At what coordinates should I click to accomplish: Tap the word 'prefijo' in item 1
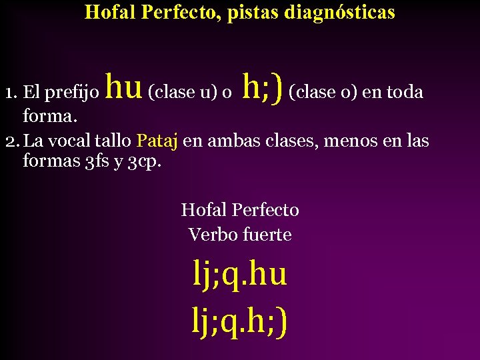(72, 92)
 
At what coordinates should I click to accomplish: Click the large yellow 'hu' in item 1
(125, 87)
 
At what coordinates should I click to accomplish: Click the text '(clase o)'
(323, 92)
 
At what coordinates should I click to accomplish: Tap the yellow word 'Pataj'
(157, 141)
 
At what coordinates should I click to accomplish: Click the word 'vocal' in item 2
(70, 141)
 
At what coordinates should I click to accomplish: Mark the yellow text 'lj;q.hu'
(240, 275)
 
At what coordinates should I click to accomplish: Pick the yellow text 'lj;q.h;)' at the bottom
(240, 323)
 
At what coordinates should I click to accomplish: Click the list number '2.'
(11, 141)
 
